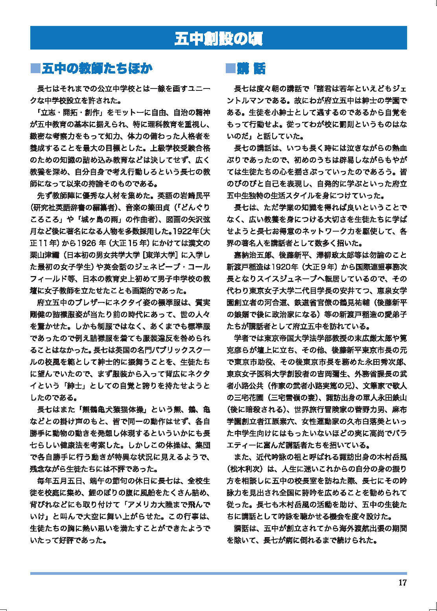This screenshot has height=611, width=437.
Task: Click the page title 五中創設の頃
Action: click(x=218, y=39)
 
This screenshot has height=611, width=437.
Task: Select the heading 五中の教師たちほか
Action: click(x=97, y=68)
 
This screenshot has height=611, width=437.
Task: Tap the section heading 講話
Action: click(x=251, y=68)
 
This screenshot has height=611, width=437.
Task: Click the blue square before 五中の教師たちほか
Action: click(x=35, y=68)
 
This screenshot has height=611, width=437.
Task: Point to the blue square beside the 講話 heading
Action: click(x=230, y=68)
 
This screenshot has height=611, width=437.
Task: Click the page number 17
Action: click(x=402, y=583)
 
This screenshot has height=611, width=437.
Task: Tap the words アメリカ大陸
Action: click(x=157, y=504)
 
